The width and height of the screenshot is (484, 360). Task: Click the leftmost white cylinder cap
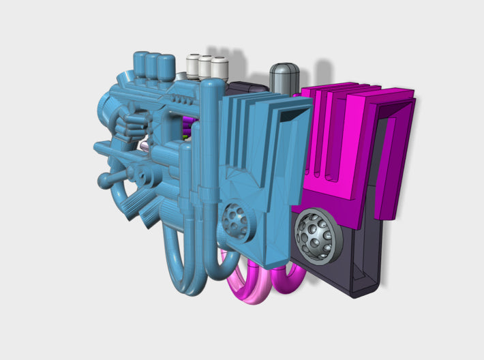coord(193,65)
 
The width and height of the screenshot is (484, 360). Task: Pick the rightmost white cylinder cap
coord(219,68)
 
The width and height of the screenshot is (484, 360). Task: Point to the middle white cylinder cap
coord(205,67)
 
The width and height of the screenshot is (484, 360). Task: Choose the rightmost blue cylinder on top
coord(166,67)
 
